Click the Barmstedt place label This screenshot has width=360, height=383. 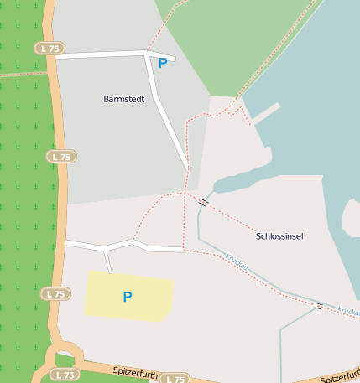[123, 99]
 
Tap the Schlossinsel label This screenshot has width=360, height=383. [279, 236]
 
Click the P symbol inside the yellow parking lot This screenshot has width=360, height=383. [128, 297]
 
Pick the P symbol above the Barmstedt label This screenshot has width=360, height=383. [162, 63]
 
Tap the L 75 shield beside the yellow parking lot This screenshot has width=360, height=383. [56, 293]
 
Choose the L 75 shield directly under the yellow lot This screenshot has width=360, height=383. [173, 379]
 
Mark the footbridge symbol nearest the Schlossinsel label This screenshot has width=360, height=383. [203, 202]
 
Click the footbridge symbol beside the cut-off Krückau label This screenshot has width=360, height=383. [318, 306]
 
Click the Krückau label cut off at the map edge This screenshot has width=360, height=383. [348, 311]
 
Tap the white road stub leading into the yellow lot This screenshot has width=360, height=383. [108, 262]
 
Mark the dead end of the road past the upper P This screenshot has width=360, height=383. [173, 59]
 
